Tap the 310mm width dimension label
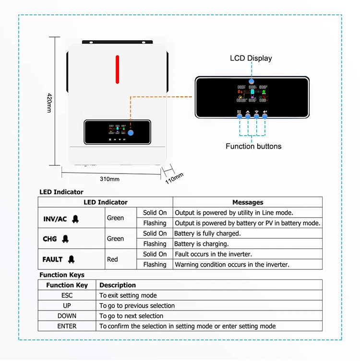[109, 179]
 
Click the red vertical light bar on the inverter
[117, 69]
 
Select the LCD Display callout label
[251, 58]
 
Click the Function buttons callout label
[253, 146]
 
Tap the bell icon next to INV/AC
[75, 219]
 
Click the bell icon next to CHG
[65, 239]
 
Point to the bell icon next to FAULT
[71, 259]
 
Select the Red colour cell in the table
[112, 259]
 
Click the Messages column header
[248, 202]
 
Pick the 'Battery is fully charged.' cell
[207, 233]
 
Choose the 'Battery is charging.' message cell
[201, 244]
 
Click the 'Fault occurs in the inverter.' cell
[213, 254]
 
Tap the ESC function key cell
[67, 295]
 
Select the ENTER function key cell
[67, 326]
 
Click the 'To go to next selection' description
[131, 316]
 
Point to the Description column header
[118, 285]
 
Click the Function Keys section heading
[62, 275]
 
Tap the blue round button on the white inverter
[131, 134]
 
